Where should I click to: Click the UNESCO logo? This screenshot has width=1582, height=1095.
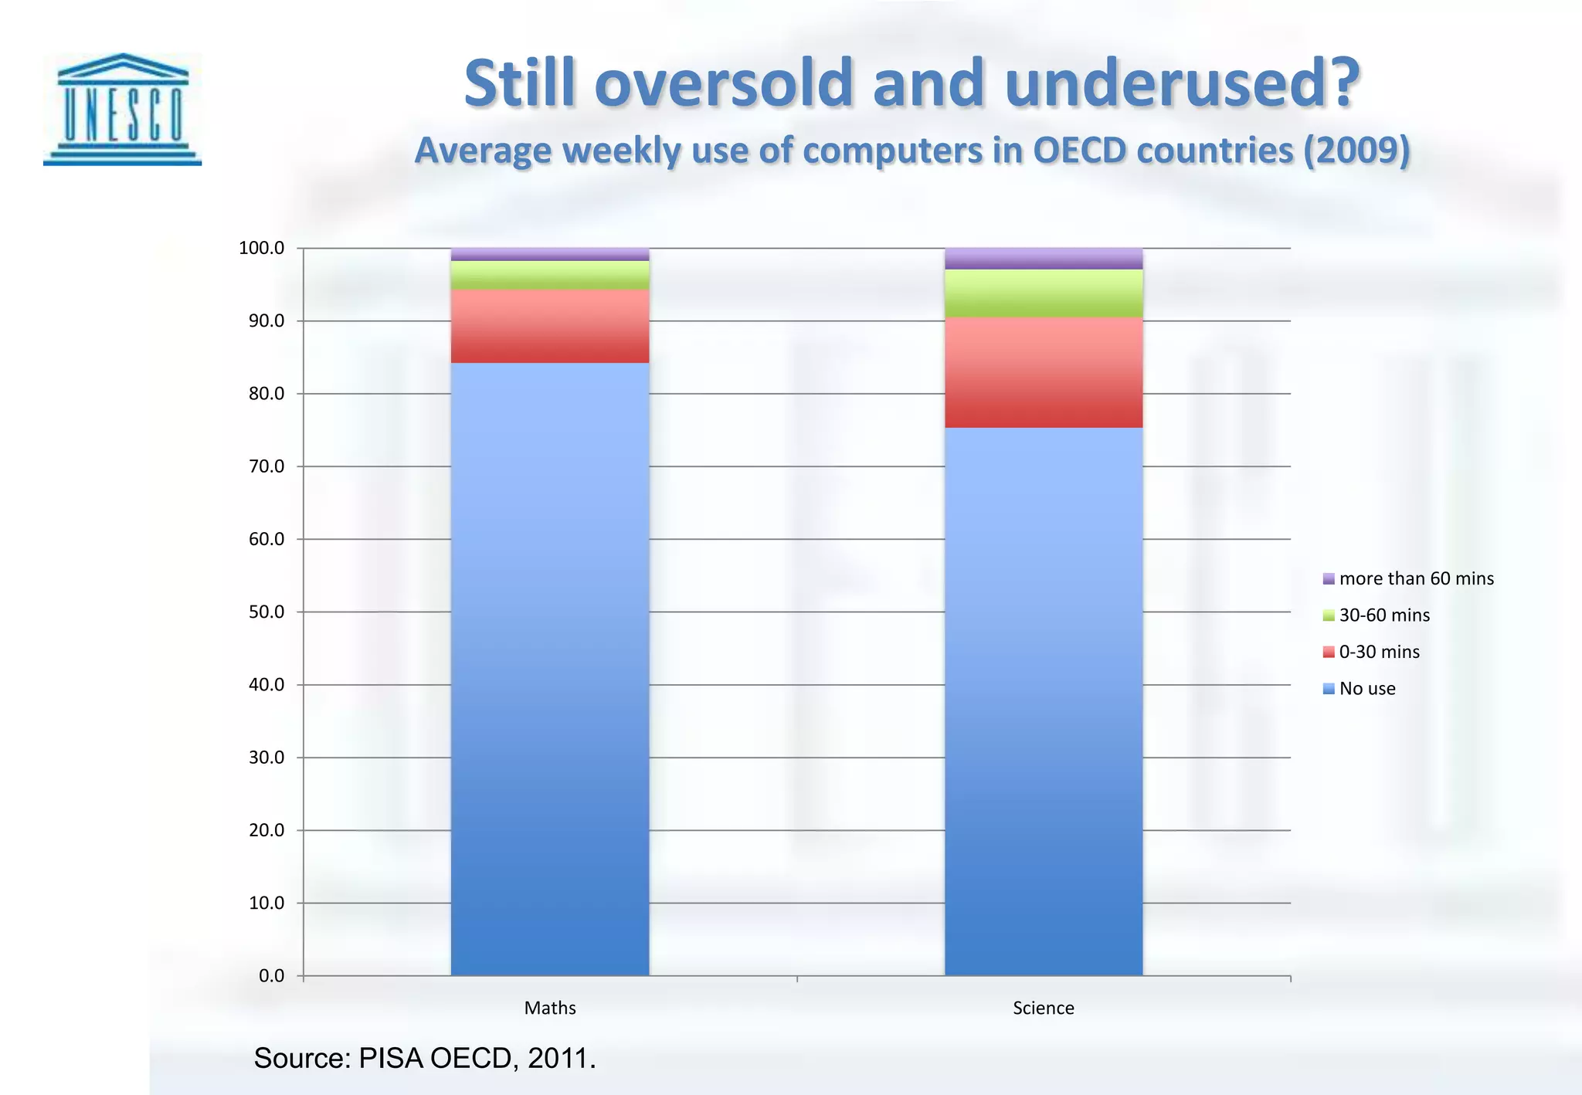pos(122,109)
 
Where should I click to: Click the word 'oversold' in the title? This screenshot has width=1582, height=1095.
pos(724,83)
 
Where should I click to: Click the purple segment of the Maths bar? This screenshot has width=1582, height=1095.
pos(549,254)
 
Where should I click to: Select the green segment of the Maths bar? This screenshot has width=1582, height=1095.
pos(549,275)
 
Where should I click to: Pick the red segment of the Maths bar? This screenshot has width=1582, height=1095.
pos(549,326)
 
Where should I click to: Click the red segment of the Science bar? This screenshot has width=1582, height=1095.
pos(1043,372)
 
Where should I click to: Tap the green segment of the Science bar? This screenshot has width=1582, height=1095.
pos(1043,293)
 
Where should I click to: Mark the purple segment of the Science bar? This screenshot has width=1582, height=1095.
pos(1043,258)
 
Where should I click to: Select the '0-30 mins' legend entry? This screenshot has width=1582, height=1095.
pos(1371,652)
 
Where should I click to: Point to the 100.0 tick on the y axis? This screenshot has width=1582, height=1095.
pos(262,248)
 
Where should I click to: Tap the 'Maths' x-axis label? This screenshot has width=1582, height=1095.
pos(549,1008)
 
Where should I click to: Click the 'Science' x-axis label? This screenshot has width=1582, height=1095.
pos(1043,1008)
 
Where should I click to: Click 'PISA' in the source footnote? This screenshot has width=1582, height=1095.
pos(391,1058)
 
